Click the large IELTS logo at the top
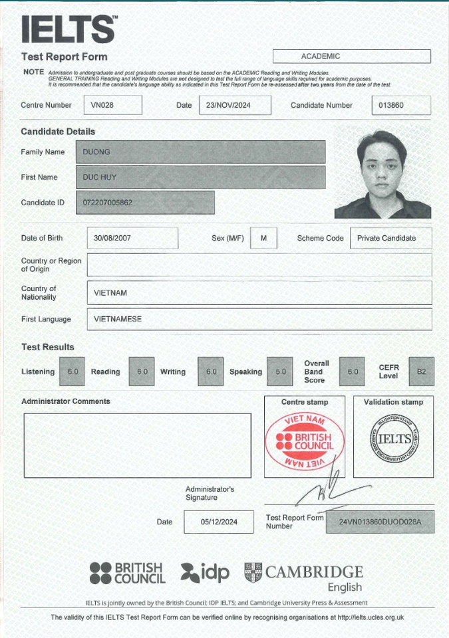pos(69,29)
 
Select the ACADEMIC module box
pos(351,56)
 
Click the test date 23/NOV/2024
pos(235,105)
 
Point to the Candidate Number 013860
pos(400,105)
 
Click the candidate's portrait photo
pos(382,174)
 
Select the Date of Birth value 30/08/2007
pos(132,238)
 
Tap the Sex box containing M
pos(263,238)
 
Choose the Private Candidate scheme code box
pos(390,238)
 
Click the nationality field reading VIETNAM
pos(259,292)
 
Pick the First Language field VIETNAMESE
pos(259,319)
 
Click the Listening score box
pos(72,372)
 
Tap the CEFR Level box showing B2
pos(420,372)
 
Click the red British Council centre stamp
pos(305,441)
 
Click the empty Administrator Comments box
pos(138,445)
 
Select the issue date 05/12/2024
pos(218,522)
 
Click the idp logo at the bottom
pos(204,572)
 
